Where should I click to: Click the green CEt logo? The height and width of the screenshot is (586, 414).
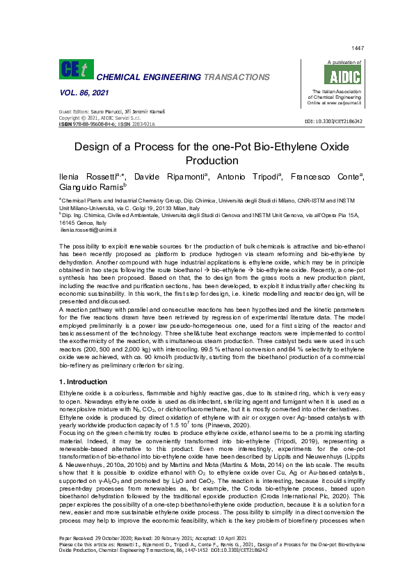click(x=75, y=70)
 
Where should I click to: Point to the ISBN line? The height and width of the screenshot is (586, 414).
click(x=106, y=123)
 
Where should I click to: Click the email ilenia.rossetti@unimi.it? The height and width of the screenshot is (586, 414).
click(x=88, y=230)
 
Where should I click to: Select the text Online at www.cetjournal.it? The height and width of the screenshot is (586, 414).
click(x=337, y=103)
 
